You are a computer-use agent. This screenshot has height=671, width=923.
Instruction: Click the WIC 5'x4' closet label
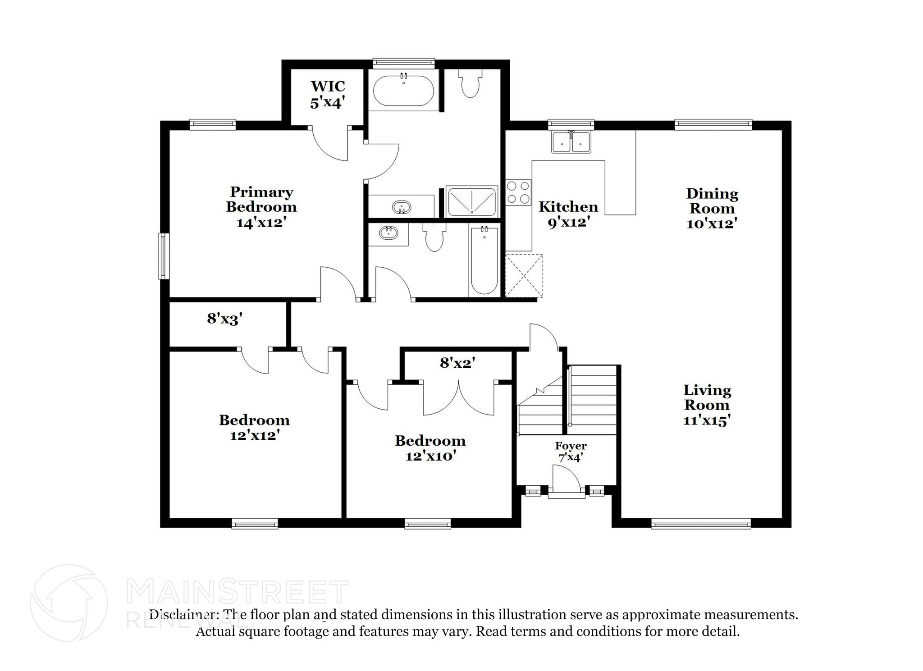point(328,94)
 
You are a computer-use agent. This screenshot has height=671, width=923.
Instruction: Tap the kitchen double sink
point(571,142)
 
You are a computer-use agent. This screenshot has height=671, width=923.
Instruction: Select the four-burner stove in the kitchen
point(518,192)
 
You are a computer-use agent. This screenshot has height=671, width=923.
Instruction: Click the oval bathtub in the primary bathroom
point(403,91)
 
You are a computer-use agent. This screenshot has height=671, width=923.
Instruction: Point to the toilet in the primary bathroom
point(471,83)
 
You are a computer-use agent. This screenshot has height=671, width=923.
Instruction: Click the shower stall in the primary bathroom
point(471,201)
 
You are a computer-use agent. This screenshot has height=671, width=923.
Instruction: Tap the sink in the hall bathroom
point(388,233)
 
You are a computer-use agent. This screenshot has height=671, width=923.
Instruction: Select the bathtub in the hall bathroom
point(484,261)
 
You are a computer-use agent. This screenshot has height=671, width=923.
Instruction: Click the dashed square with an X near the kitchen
point(524,276)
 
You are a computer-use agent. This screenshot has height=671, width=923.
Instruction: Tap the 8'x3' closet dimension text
point(225,319)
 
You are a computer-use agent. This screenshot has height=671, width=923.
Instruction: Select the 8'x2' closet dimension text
point(458,362)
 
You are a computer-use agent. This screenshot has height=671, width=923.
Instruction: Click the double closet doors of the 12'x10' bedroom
point(458,399)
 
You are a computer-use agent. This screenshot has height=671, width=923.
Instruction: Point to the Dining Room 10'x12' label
point(712,208)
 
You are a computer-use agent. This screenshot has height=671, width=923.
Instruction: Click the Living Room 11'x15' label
point(707,405)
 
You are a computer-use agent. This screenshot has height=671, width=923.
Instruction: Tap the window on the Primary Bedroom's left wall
point(164,256)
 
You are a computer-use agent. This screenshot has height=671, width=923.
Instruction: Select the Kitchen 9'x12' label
point(568,214)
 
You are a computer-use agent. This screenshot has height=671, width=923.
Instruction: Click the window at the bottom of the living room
point(701,523)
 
